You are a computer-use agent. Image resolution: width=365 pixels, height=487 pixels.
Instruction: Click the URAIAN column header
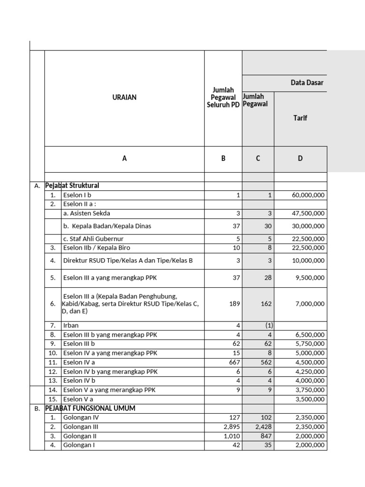(125, 97)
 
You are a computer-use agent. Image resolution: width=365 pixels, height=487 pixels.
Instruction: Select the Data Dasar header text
(307, 83)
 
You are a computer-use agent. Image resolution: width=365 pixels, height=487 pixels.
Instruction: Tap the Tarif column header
(300, 117)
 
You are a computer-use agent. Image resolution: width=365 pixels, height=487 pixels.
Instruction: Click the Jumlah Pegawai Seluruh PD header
(223, 97)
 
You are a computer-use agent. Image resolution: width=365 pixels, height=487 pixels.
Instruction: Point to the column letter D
(300, 158)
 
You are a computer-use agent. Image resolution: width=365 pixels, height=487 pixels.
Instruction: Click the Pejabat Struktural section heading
(72, 185)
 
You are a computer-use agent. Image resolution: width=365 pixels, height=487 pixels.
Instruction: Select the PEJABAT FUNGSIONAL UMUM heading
(90, 408)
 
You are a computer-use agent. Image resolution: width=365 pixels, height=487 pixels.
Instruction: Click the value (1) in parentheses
(265, 325)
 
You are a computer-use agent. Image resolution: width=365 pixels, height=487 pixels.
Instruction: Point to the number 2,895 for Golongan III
(231, 427)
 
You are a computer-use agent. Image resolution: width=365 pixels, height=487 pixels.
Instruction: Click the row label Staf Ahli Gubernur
(94, 239)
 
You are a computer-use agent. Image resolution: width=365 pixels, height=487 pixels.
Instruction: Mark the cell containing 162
(265, 304)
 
